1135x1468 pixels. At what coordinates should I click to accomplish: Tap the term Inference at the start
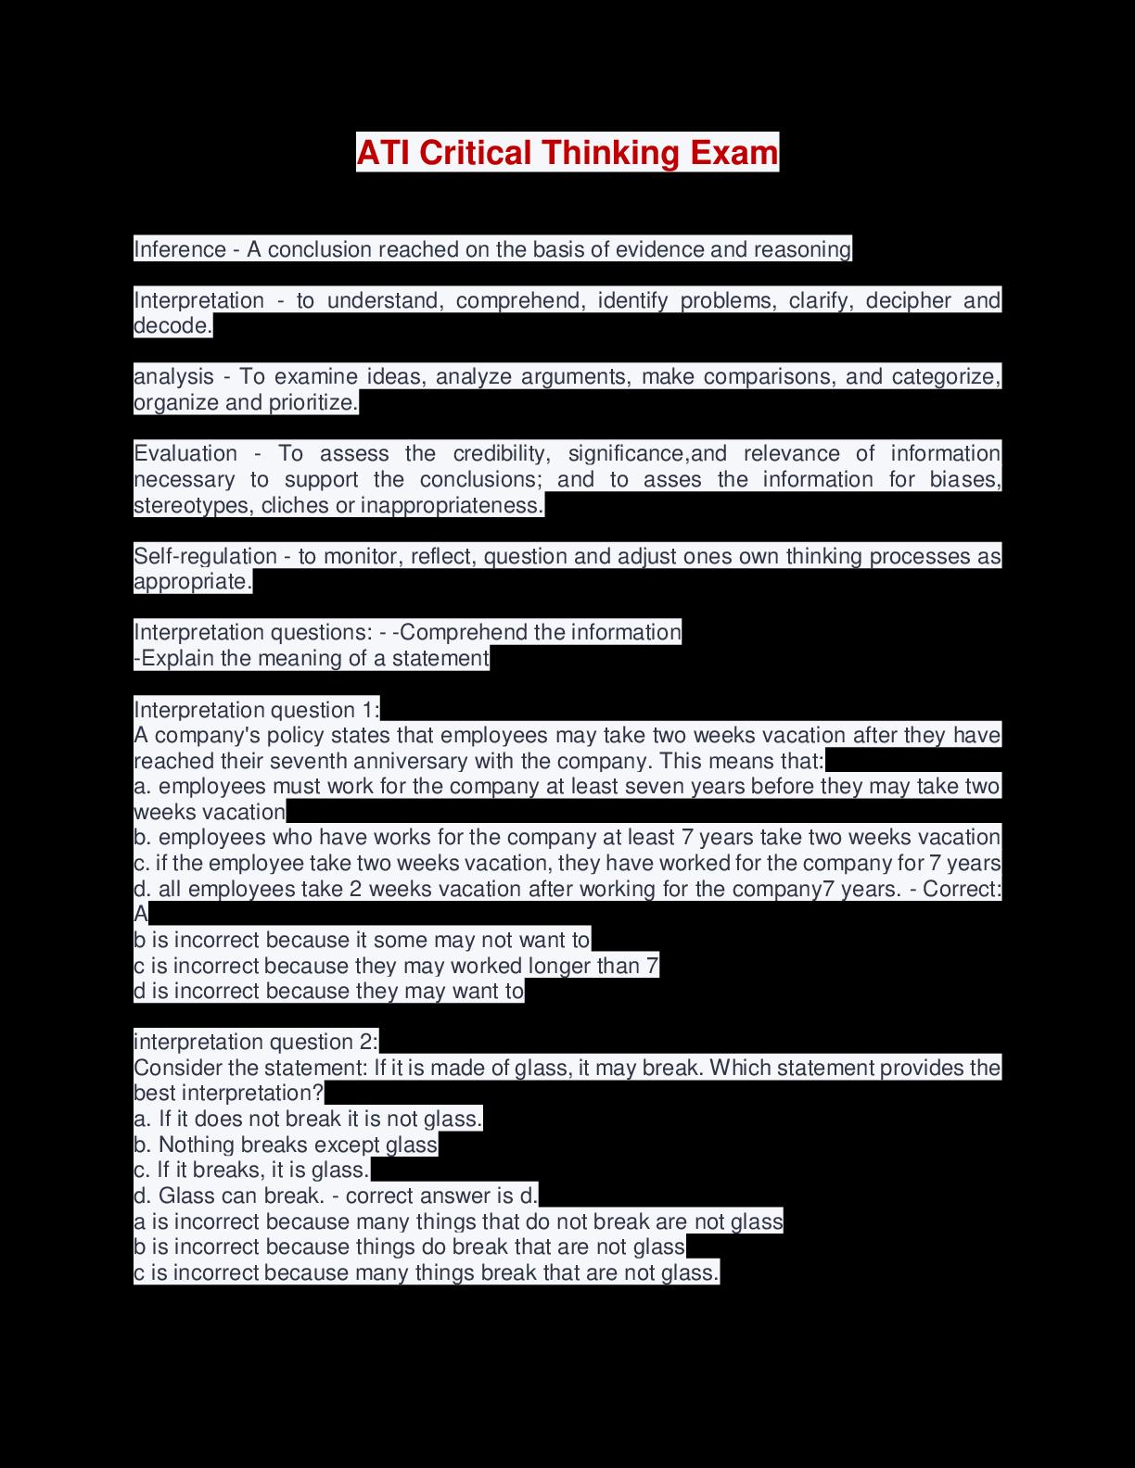tap(180, 249)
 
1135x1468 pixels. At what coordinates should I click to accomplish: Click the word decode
tap(172, 326)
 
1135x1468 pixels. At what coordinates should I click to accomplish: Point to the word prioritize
tap(312, 403)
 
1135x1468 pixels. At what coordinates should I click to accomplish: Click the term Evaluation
tap(185, 453)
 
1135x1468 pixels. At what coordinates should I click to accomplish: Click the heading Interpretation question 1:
tap(257, 710)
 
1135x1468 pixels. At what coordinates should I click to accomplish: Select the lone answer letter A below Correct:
tap(141, 915)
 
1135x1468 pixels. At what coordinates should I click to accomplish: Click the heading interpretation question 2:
tap(256, 1042)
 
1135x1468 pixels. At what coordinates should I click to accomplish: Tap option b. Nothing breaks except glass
tap(286, 1145)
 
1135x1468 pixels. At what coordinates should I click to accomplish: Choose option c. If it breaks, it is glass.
tap(251, 1170)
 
